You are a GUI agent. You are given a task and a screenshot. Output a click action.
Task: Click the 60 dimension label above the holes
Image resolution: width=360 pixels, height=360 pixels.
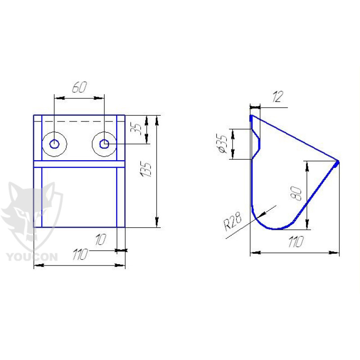(x=80, y=87)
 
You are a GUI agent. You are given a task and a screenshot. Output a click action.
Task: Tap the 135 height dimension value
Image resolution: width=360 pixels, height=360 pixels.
(x=146, y=170)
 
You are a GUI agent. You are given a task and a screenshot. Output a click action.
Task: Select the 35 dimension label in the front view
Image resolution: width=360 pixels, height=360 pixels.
(x=136, y=130)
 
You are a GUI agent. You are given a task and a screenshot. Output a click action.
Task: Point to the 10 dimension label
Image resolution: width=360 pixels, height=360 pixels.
(x=100, y=239)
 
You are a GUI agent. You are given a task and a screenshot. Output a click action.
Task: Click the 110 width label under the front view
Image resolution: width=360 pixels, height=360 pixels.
(x=81, y=254)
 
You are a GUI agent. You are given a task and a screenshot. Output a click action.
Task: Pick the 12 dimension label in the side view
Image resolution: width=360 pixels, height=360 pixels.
(x=278, y=96)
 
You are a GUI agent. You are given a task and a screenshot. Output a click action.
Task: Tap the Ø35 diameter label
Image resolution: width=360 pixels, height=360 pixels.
(x=222, y=144)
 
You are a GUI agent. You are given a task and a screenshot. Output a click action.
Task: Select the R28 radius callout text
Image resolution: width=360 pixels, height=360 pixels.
(x=233, y=221)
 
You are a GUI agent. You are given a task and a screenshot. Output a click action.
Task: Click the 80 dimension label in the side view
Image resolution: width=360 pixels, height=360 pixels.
(x=296, y=193)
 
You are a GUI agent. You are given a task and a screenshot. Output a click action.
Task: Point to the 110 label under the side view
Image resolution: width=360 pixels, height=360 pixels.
(x=296, y=242)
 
